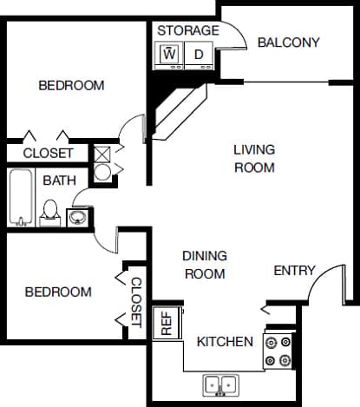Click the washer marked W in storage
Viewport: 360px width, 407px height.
(x=170, y=55)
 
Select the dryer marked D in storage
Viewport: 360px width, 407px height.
(x=199, y=55)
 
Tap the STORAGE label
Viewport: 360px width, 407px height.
(x=187, y=31)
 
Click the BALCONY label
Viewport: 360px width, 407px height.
(x=289, y=43)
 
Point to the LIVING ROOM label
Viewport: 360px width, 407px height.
(x=254, y=158)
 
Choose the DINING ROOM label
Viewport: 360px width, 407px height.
(x=205, y=265)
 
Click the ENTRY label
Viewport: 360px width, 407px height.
(x=294, y=271)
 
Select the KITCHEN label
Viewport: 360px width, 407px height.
(x=225, y=342)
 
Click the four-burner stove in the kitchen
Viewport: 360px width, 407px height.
(x=280, y=350)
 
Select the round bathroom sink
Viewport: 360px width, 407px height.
(x=77, y=215)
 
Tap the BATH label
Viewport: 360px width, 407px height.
(x=59, y=181)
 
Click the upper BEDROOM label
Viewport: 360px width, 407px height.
(x=72, y=86)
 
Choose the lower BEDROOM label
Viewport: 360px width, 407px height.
(x=57, y=292)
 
